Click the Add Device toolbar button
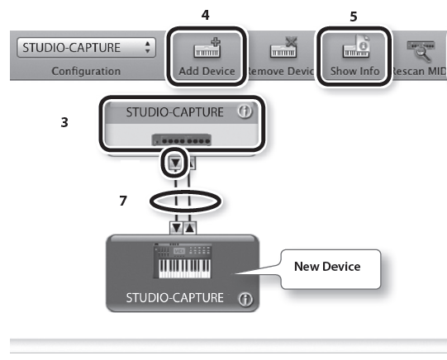coord(207,57)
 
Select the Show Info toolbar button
coord(354,57)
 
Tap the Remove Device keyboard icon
coord(283,47)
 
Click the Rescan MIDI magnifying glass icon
coord(421,50)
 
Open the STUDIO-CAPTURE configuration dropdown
coord(86,48)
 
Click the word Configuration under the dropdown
coord(86,71)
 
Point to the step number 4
coord(205,15)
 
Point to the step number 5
coord(354,17)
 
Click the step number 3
coord(64,122)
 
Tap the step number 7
coord(123,201)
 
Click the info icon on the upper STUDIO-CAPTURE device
coord(245,111)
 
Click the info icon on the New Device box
coord(245,300)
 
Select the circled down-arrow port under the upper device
coord(175,163)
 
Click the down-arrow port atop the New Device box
coord(177,228)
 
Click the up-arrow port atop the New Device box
coord(189,228)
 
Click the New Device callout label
coord(327,267)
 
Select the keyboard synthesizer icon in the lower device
coord(183,261)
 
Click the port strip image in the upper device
coord(181,140)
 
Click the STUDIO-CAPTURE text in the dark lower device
coord(175,298)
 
